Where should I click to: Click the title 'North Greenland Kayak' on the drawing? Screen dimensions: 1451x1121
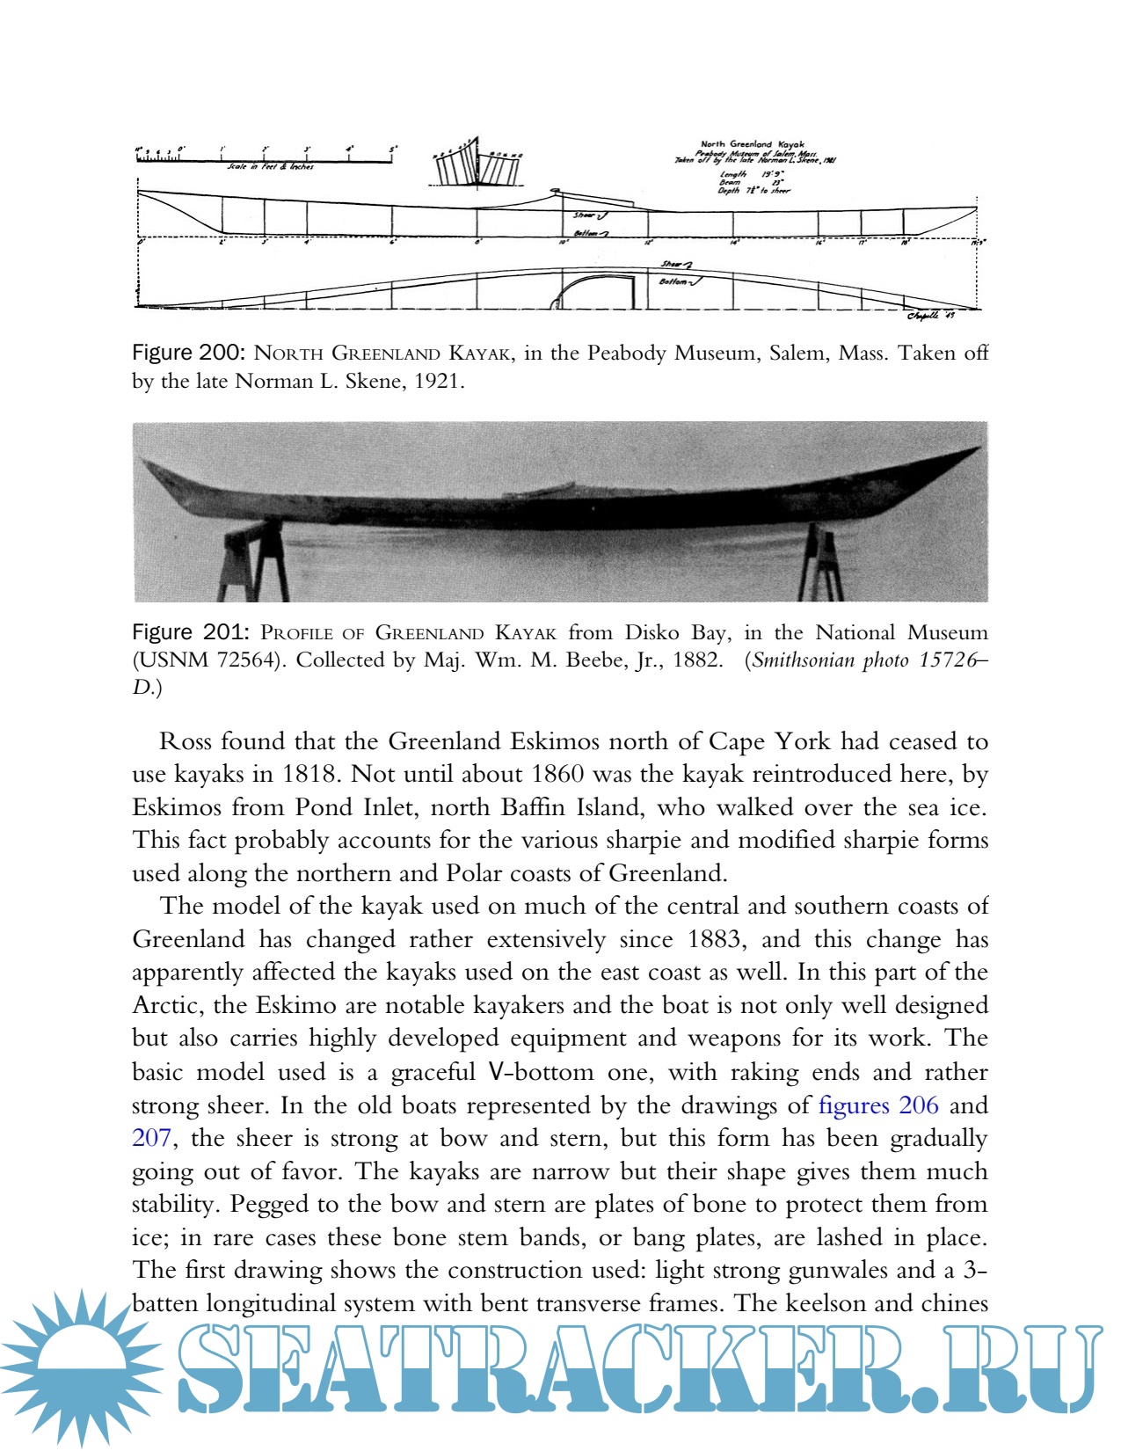(x=752, y=144)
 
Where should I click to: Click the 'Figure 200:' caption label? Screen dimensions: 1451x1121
(x=187, y=354)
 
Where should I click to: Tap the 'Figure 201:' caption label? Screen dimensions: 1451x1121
(x=187, y=633)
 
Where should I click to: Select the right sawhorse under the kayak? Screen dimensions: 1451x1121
(x=820, y=563)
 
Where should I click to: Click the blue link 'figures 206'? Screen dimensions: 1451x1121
(x=877, y=1105)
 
